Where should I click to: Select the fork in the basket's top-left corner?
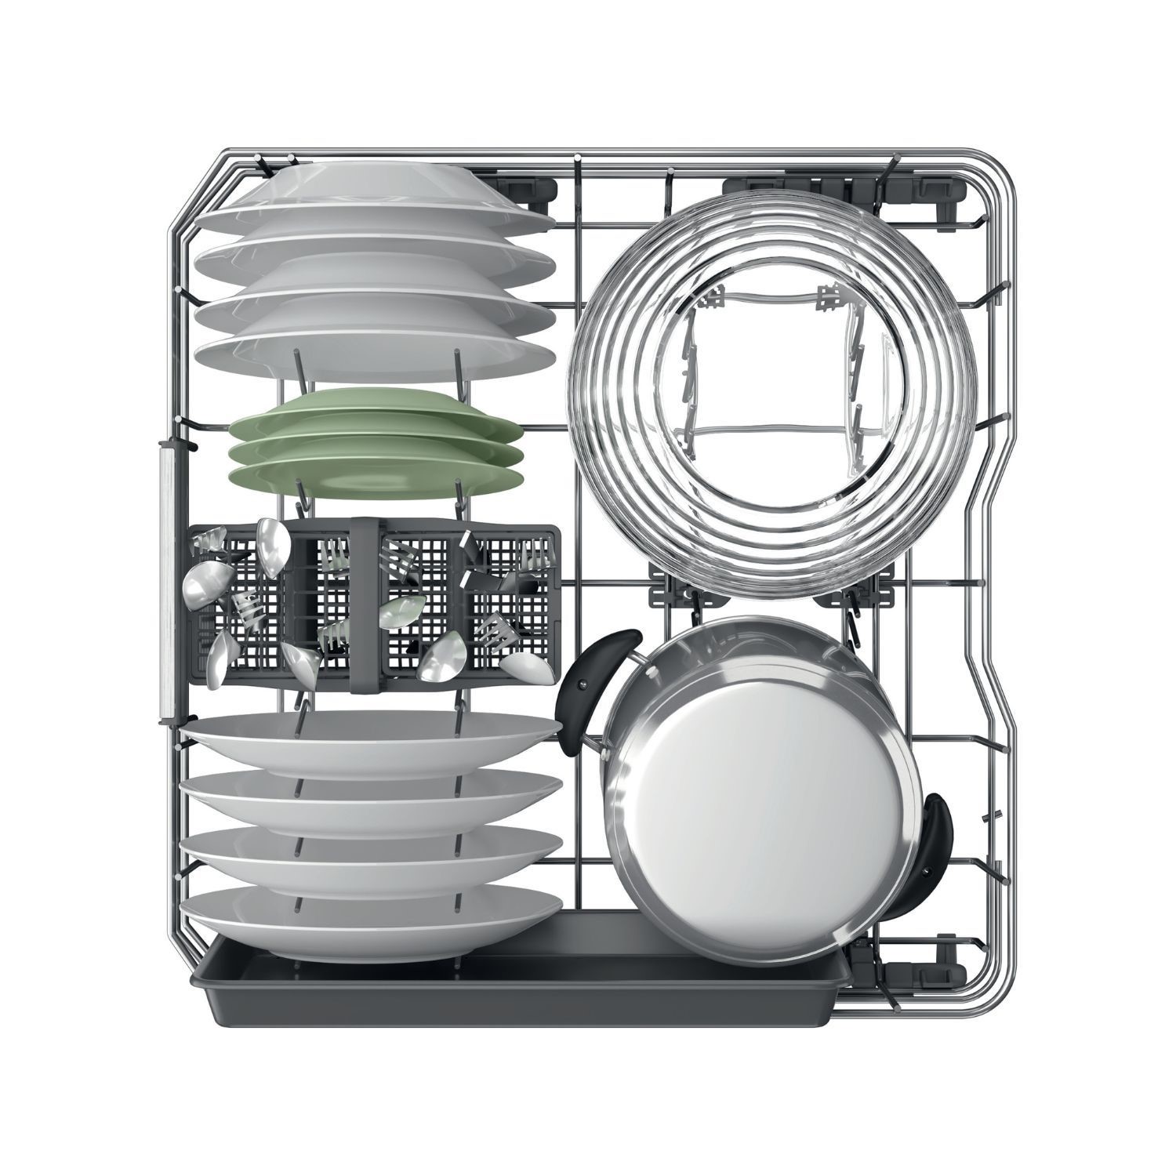210,541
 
